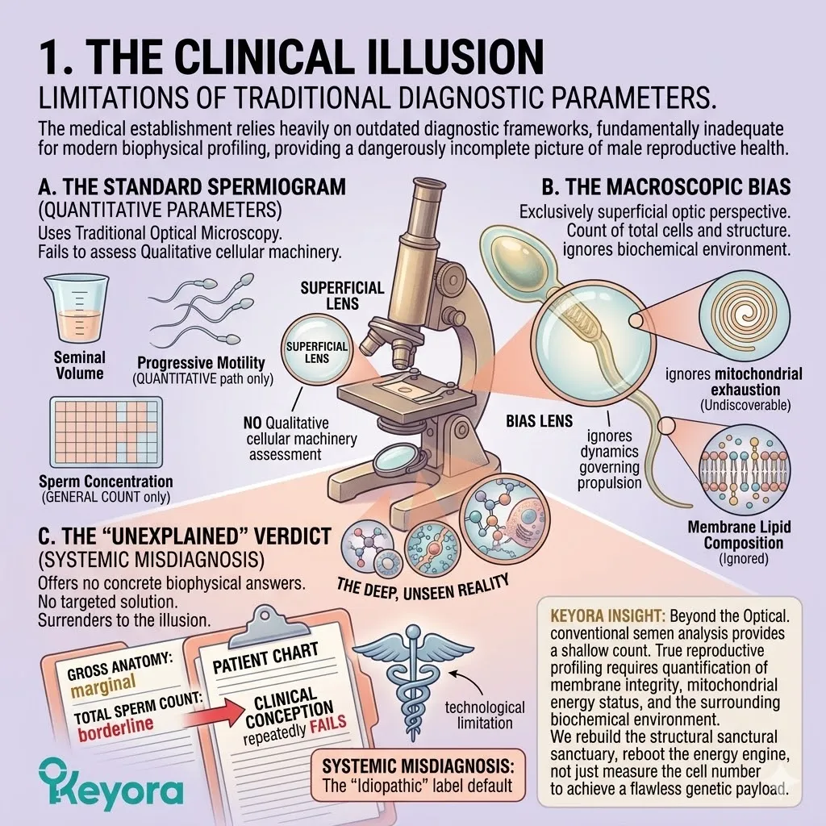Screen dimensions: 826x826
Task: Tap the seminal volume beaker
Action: [77, 308]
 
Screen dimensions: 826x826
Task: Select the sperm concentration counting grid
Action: [106, 432]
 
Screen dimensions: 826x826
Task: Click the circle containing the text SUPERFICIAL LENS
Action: [316, 352]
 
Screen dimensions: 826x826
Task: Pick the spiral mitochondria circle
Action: [745, 312]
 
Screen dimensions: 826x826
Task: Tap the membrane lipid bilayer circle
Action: [744, 469]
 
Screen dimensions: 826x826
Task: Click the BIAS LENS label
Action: [539, 421]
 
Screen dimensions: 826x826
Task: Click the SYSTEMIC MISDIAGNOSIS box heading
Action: [417, 765]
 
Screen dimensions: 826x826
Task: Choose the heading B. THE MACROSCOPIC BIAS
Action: [665, 187]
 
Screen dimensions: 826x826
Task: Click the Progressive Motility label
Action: [201, 362]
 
